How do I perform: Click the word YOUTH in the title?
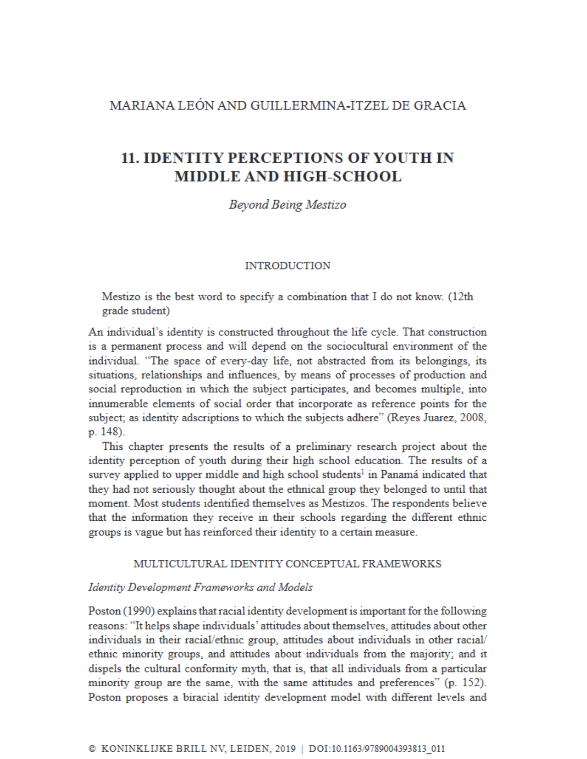pyautogui.click(x=400, y=158)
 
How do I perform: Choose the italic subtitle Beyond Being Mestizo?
pyautogui.click(x=287, y=204)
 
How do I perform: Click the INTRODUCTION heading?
pyautogui.click(x=287, y=265)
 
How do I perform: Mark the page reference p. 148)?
pyautogui.click(x=106, y=432)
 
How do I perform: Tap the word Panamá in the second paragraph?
pyautogui.click(x=404, y=474)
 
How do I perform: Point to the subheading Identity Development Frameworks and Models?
pyautogui.click(x=200, y=587)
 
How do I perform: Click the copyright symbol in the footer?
pyautogui.click(x=92, y=748)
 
